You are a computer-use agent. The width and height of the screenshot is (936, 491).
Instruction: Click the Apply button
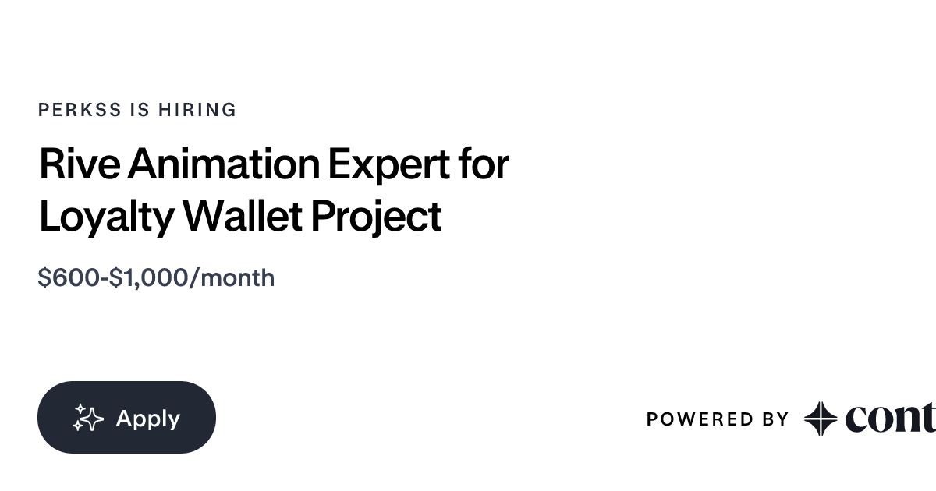pos(126,418)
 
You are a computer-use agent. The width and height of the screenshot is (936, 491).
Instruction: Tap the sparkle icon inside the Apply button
pos(88,419)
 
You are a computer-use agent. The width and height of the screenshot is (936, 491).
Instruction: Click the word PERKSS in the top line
pos(80,110)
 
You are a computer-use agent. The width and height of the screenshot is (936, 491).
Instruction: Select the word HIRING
pos(197,110)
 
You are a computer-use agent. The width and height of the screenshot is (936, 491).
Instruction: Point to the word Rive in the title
pos(80,164)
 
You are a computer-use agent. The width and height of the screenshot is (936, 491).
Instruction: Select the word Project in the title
pos(376,217)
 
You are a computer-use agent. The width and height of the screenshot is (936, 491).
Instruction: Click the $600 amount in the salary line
pos(69,277)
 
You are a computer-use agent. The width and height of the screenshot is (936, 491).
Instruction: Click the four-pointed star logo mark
pos(821,419)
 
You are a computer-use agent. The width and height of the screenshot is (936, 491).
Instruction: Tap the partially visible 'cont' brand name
pos(889,419)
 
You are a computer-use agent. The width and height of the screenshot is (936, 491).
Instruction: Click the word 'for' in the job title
pos(484,164)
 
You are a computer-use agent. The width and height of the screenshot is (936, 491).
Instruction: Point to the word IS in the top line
pos(140,110)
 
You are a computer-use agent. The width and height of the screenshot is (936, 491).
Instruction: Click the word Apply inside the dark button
pos(147,419)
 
